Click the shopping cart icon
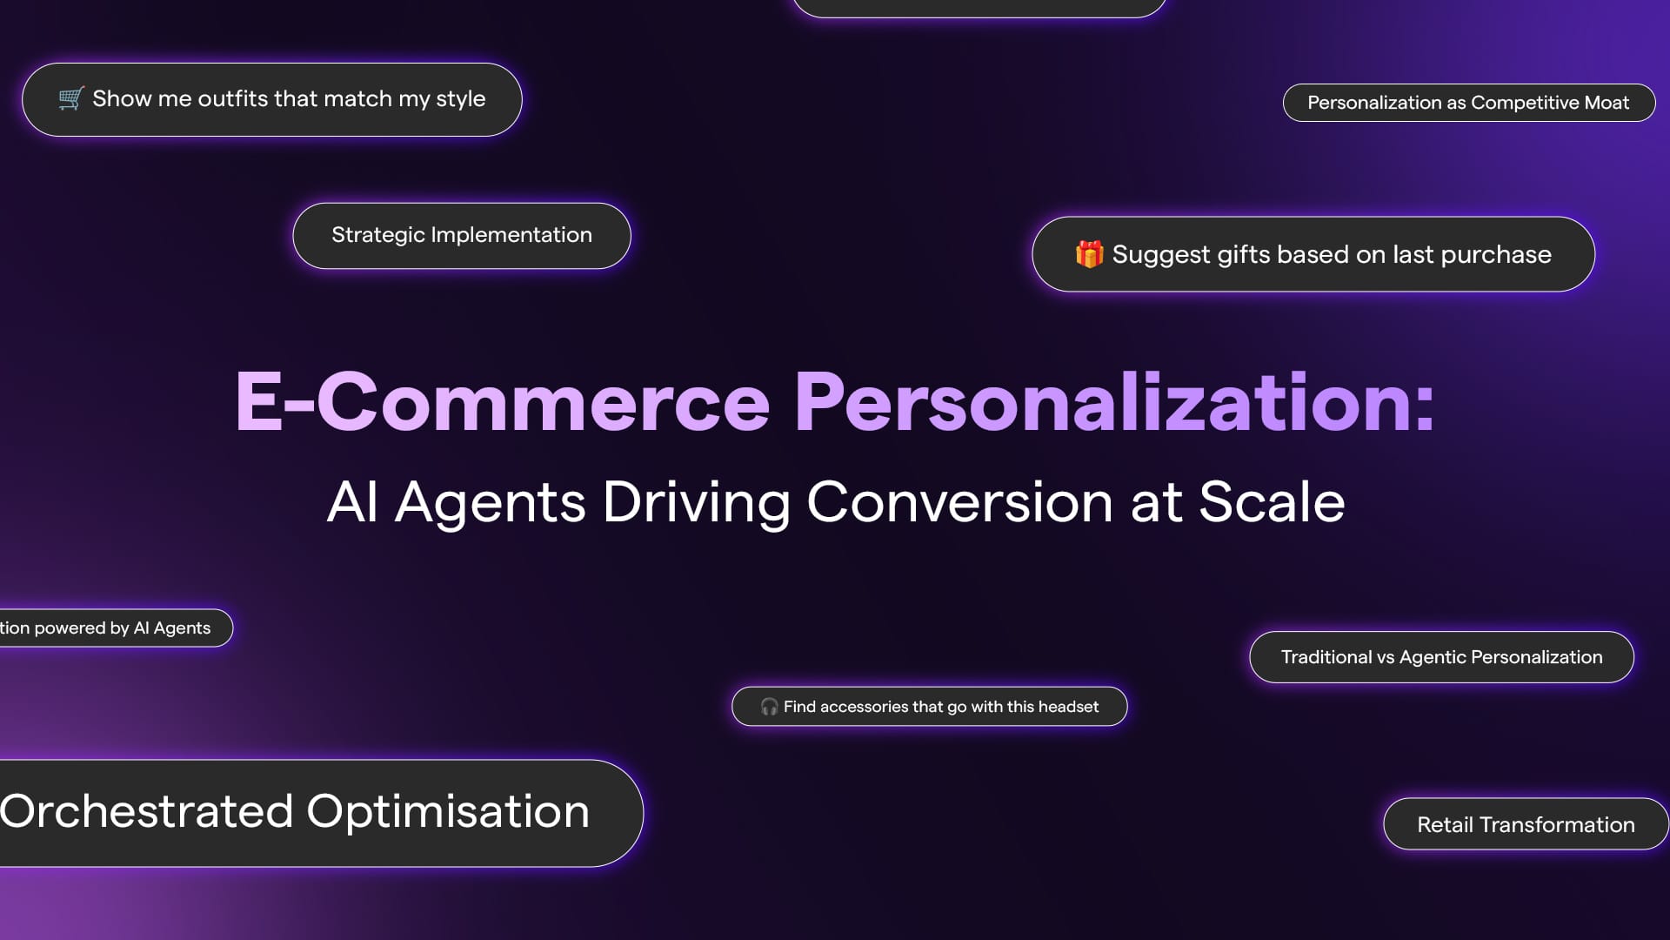[70, 98]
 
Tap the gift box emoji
[1089, 254]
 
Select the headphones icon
[769, 707]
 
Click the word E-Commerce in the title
[503, 401]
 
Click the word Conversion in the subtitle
[959, 502]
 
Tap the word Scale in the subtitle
[1272, 501]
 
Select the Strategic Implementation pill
[462, 236]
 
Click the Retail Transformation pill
[1526, 824]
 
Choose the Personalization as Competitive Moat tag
[1468, 103]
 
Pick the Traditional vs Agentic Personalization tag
[1441, 657]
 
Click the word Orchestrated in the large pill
[146, 811]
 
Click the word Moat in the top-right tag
[1607, 103]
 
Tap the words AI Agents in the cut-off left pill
[172, 628]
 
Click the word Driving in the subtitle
[696, 503]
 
